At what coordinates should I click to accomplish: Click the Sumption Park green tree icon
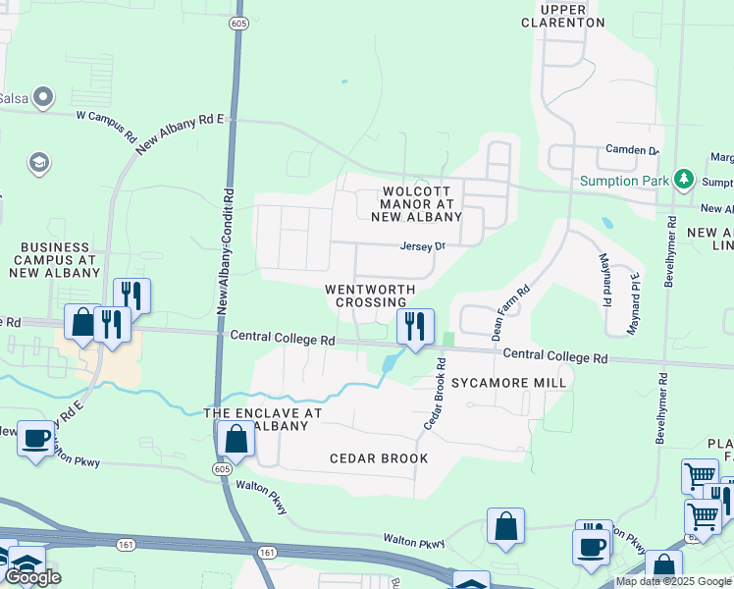pos(684,180)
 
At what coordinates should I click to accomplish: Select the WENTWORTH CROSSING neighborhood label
pos(371,295)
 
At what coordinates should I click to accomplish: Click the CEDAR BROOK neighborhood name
pos(379,458)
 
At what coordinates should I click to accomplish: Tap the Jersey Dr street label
pos(423,246)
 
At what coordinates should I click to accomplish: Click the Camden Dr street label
pos(633,150)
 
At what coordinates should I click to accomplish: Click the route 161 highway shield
pos(267,554)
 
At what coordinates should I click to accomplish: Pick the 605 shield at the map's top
pos(238,22)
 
